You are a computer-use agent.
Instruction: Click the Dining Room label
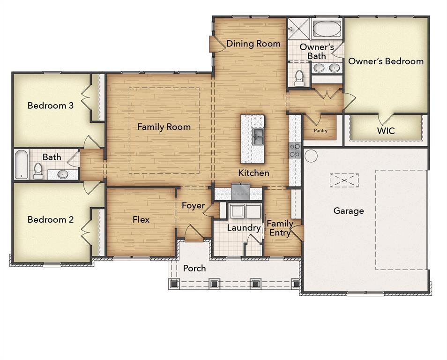click(253, 44)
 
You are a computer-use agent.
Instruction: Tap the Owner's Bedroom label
click(386, 61)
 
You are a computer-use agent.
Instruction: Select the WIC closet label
click(386, 131)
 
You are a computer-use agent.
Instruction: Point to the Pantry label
click(320, 131)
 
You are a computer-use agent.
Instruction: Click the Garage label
click(349, 211)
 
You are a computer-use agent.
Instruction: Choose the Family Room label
click(164, 127)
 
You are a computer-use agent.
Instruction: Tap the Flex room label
click(141, 219)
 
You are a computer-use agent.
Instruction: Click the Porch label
click(194, 268)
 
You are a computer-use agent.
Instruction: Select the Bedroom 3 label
click(51, 105)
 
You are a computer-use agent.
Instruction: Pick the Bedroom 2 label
click(51, 219)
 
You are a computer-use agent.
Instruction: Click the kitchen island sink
click(258, 136)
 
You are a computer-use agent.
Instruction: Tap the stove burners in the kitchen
click(295, 150)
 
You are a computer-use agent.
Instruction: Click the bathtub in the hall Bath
click(20, 165)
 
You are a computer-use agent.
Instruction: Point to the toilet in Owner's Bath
click(299, 78)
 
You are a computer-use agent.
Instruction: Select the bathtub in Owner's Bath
click(326, 29)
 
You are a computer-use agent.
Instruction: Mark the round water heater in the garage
click(311, 156)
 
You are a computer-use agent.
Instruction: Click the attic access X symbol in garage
click(344, 180)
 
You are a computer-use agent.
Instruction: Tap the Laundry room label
click(244, 228)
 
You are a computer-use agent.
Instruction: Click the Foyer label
click(194, 205)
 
